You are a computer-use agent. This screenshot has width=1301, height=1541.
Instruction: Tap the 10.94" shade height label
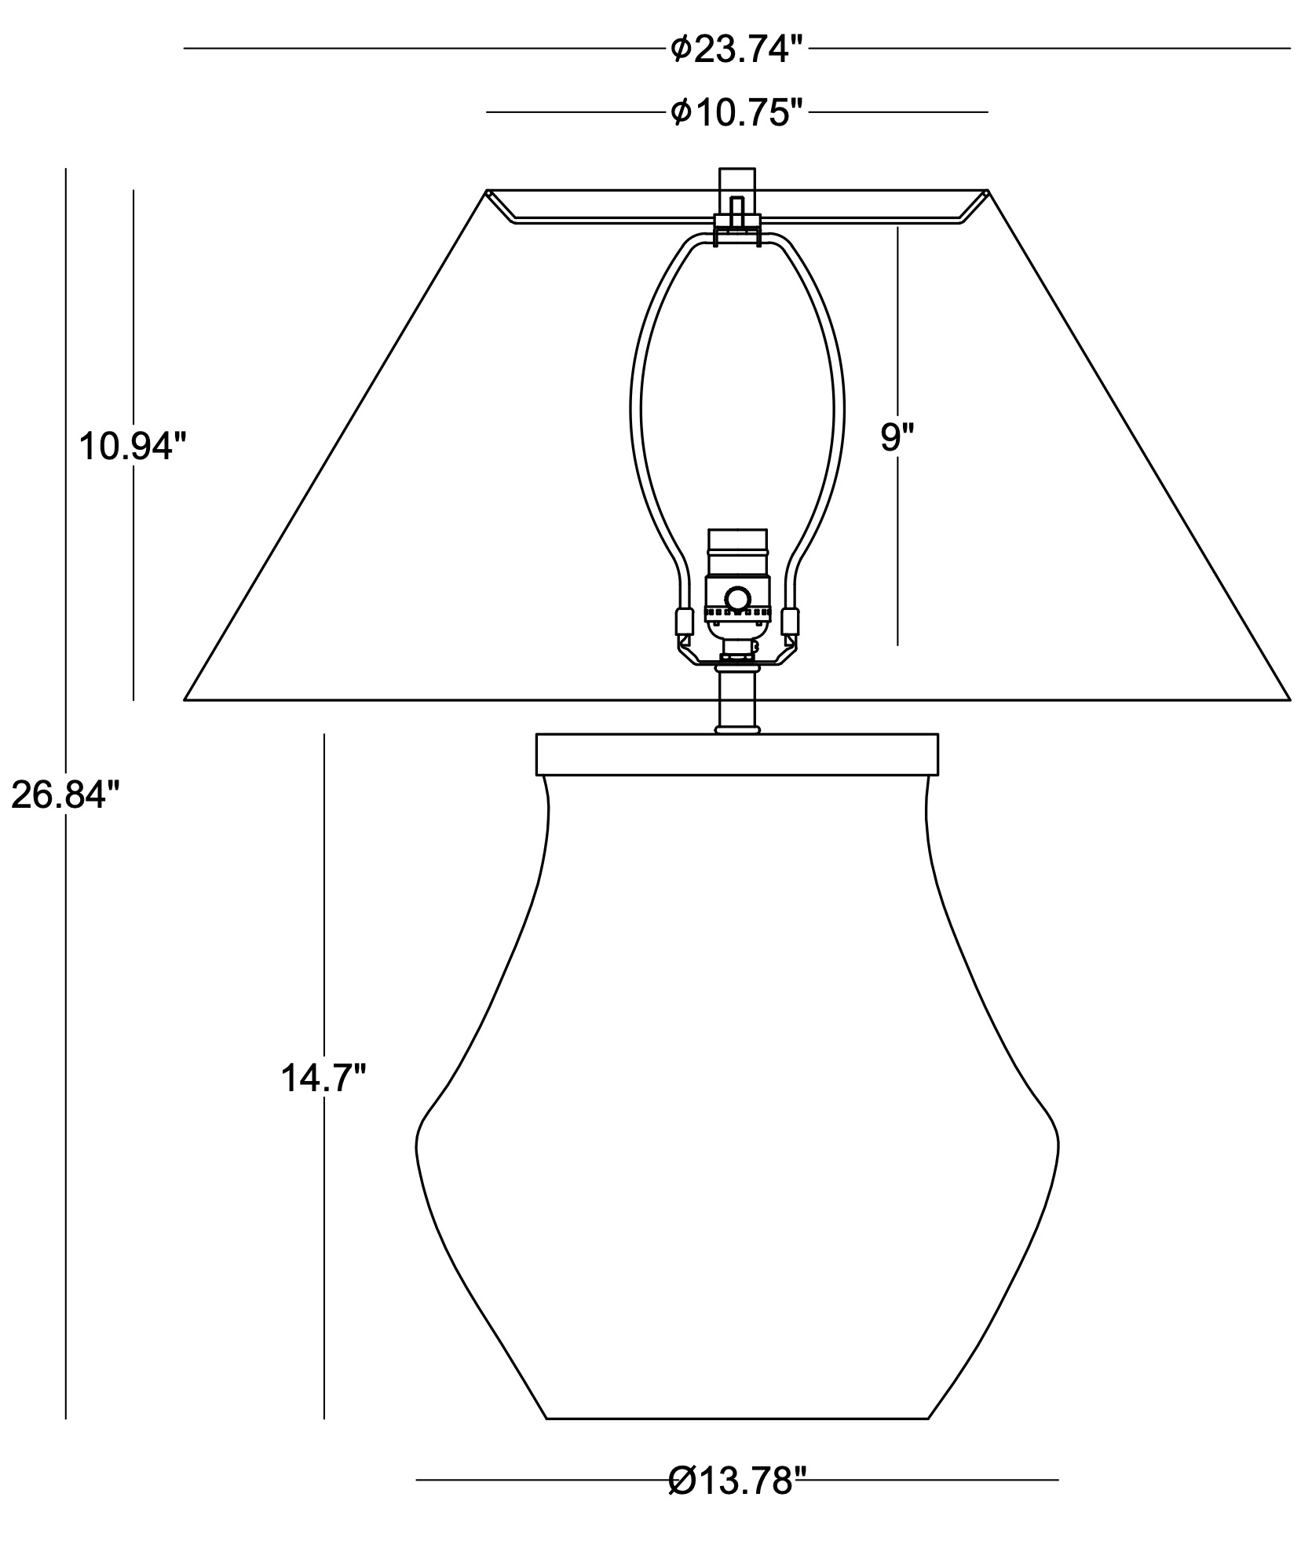(x=133, y=447)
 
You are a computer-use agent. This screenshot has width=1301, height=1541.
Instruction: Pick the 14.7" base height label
(x=323, y=1079)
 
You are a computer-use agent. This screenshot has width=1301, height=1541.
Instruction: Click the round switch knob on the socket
(x=737, y=599)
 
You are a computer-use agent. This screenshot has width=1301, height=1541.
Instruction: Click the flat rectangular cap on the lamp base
(x=737, y=754)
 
